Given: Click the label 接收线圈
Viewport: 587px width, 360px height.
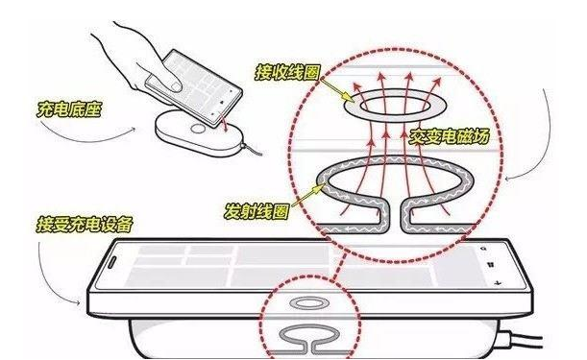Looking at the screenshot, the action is [x=287, y=72].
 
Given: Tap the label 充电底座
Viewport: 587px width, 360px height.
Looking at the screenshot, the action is [x=69, y=109].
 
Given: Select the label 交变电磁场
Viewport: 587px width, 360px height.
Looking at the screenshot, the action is [x=450, y=136].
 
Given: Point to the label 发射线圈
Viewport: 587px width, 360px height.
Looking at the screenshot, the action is [x=257, y=211].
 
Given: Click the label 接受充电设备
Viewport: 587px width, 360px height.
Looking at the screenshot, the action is [x=85, y=224].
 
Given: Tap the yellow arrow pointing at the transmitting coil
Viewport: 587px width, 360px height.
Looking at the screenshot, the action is [x=307, y=195].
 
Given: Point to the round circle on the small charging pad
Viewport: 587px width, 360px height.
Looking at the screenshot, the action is [x=198, y=129].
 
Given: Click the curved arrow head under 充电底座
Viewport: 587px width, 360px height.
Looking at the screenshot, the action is [x=133, y=129].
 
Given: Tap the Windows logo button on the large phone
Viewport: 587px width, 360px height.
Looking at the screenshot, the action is [x=490, y=265].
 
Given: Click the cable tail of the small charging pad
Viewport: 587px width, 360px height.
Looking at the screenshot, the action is [x=252, y=150].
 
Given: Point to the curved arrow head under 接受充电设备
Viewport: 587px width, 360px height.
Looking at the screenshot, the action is [x=77, y=301].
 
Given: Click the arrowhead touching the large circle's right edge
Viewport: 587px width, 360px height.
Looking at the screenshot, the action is [x=507, y=179].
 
